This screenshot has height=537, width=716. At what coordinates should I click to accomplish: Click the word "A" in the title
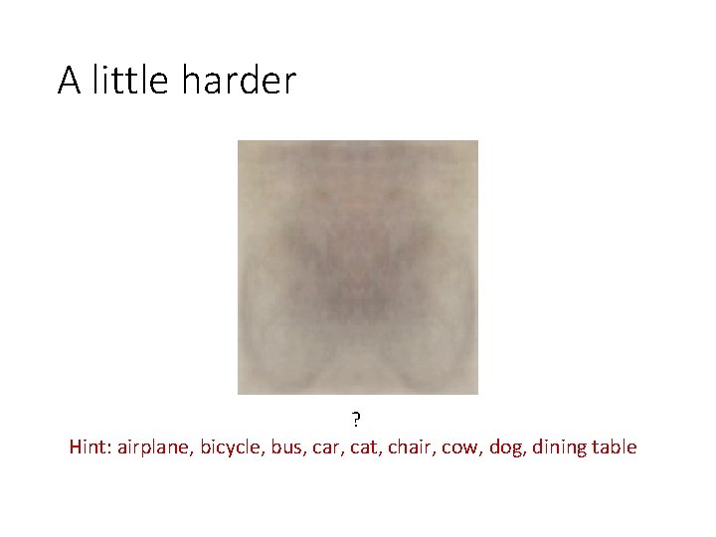(69, 81)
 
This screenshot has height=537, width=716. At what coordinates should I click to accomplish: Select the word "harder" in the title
(239, 81)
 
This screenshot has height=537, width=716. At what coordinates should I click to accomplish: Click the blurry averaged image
(358, 268)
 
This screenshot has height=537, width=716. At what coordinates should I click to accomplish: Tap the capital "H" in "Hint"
(77, 447)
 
